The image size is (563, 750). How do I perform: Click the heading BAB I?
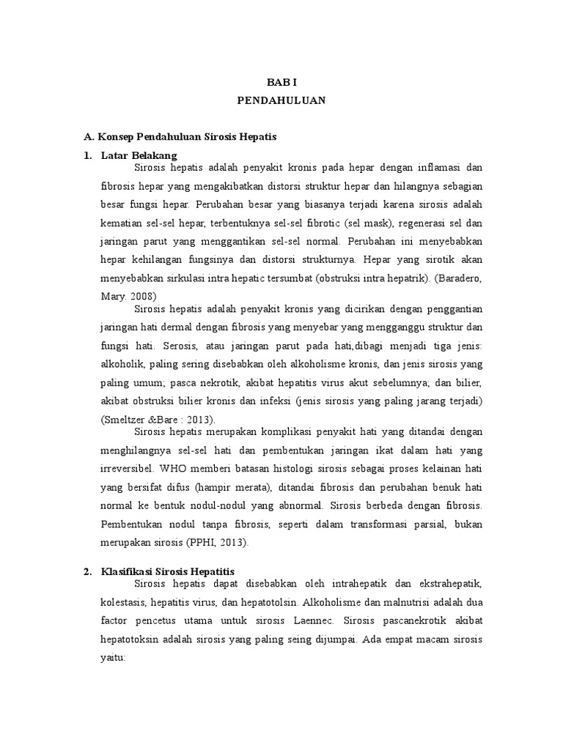click(281, 83)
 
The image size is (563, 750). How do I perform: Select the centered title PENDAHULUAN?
click(281, 102)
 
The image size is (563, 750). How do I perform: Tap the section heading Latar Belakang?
click(139, 155)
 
